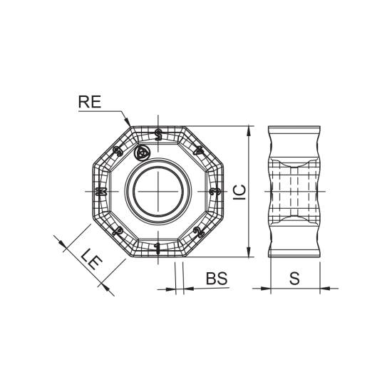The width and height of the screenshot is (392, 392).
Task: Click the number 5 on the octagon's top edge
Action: click(x=158, y=134)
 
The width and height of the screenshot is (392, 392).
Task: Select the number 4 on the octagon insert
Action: click(x=199, y=150)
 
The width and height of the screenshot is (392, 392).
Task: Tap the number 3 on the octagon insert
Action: click(x=215, y=192)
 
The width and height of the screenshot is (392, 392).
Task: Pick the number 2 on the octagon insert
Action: click(x=199, y=232)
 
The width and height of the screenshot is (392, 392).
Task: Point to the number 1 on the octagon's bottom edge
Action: click(x=158, y=249)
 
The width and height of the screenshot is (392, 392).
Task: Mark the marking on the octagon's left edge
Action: click(x=100, y=192)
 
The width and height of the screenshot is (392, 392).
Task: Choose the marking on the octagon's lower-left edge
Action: click(x=118, y=232)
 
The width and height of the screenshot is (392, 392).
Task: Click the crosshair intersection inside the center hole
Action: click(x=158, y=192)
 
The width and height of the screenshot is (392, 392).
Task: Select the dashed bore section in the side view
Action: click(x=294, y=192)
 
